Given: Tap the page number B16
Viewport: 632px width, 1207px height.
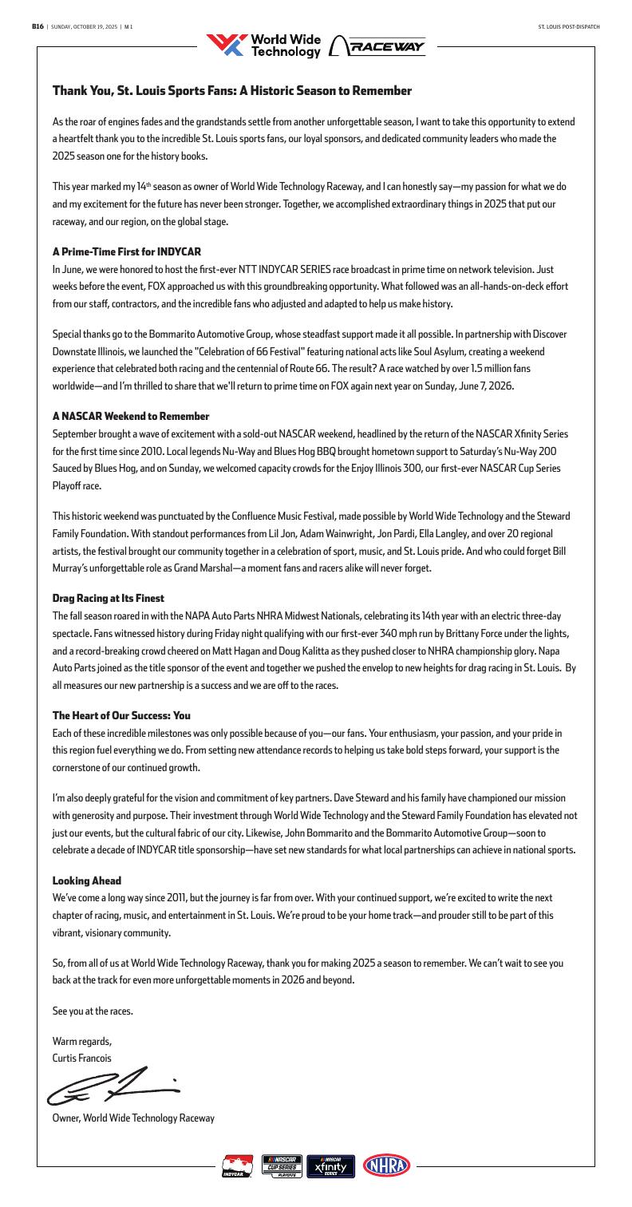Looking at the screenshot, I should click(x=37, y=27).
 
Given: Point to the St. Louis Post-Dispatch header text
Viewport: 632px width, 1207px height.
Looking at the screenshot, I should click(x=569, y=27).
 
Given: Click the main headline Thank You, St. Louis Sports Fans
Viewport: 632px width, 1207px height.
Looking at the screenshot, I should click(x=231, y=91).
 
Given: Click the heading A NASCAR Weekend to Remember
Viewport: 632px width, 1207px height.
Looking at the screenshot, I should click(x=131, y=416).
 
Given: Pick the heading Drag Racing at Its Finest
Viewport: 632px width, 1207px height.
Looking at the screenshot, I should click(x=108, y=597).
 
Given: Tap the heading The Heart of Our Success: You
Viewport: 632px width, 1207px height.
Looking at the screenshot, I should click(x=121, y=715).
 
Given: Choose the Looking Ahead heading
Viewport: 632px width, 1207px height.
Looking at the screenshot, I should click(x=87, y=881).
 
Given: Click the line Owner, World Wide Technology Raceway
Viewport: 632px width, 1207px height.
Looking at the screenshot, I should click(x=133, y=1118).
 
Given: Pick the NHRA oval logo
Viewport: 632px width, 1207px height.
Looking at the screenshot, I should click(x=386, y=1165).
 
